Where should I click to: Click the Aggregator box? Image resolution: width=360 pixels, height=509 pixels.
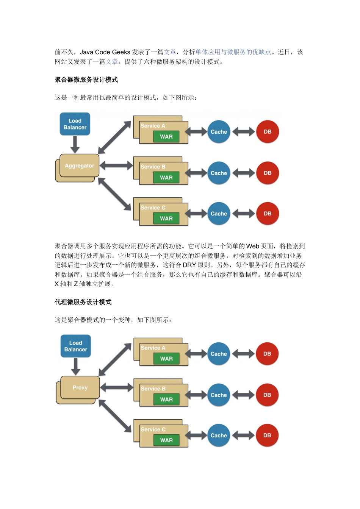coord(79,166)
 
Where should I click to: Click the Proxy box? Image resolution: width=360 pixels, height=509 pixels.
coord(80,388)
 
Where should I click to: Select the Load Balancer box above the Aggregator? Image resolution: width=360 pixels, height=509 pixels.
coord(75,124)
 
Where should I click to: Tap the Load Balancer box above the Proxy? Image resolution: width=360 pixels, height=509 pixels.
coord(76,346)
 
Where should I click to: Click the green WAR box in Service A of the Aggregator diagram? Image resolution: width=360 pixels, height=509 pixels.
coord(166,137)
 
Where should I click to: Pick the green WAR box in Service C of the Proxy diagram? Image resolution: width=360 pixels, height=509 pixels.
coord(166,440)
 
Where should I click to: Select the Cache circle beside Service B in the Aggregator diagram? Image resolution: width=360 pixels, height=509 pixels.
coord(219,173)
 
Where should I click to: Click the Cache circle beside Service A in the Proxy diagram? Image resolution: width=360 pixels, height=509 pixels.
coord(219,354)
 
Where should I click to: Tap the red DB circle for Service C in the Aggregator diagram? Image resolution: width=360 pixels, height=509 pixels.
coord(268,214)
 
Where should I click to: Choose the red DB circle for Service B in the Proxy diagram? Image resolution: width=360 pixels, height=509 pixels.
coord(267,395)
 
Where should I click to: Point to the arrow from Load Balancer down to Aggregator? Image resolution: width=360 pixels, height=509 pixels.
coord(75,144)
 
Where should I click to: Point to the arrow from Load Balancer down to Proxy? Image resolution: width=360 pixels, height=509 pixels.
coord(76,366)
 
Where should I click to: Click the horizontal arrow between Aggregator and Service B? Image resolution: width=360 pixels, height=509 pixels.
coord(116,166)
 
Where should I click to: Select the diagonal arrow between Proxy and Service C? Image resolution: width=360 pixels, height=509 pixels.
coord(115,416)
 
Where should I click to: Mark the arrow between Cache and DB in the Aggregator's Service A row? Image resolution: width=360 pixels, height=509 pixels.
coord(243,132)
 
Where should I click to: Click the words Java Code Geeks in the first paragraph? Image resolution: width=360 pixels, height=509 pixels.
coord(105,52)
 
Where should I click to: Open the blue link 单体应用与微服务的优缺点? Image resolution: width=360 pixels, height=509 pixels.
coord(233,52)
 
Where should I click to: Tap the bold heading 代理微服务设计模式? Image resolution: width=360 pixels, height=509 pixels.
coord(83,302)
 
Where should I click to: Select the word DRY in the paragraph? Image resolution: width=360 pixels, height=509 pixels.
coord(189,265)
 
